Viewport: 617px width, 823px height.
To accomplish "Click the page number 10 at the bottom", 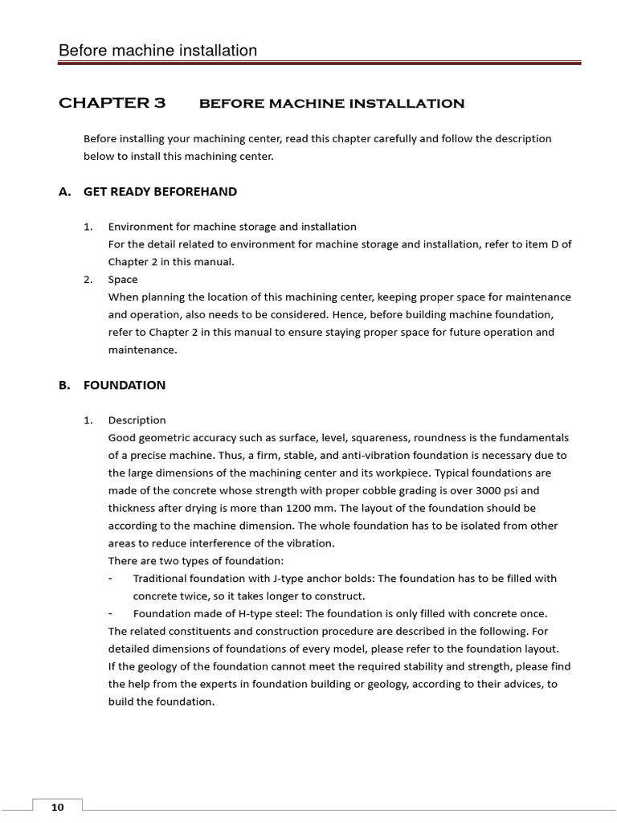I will (x=58, y=807).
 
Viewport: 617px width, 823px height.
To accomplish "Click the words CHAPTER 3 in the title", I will (x=112, y=103).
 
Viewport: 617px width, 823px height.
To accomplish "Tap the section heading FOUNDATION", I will (x=125, y=385).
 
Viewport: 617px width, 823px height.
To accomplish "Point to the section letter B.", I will (x=63, y=385).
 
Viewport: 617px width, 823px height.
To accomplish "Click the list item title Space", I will (x=123, y=280).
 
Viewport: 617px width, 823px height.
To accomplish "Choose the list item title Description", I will (x=137, y=420).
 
